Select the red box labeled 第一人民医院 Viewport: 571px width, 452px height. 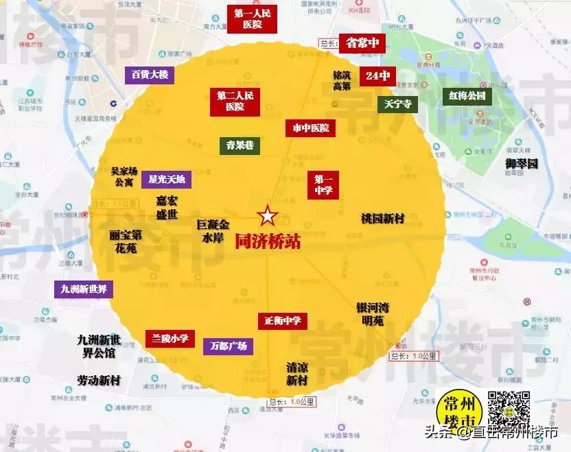(253, 19)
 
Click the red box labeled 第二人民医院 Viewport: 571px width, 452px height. (235, 101)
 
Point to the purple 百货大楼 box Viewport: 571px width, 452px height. (150, 75)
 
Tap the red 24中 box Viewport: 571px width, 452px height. (378, 75)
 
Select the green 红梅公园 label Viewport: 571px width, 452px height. (467, 95)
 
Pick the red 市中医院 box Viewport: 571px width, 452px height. (310, 128)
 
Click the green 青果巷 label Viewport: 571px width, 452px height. (240, 145)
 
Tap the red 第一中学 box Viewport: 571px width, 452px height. (323, 184)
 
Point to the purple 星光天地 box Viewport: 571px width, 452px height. (167, 180)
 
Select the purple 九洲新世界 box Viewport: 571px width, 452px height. (84, 289)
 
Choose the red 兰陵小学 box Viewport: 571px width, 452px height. (170, 338)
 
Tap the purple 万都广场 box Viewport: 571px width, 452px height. (229, 346)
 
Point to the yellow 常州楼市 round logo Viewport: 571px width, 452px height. (460, 412)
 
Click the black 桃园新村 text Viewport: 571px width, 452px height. (382, 218)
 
